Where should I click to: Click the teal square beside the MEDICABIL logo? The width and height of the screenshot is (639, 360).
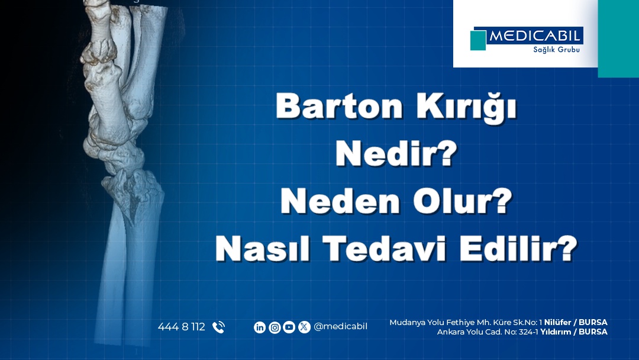(478, 40)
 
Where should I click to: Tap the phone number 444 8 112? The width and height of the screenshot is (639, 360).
(181, 327)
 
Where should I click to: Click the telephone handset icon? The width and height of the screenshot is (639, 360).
(218, 327)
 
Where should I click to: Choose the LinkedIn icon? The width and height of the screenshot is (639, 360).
(259, 327)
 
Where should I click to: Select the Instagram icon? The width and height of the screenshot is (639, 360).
(275, 327)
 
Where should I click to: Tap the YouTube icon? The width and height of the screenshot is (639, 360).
(289, 327)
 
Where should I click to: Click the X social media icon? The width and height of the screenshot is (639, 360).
(304, 327)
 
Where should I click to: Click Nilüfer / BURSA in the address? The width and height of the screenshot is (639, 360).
(576, 322)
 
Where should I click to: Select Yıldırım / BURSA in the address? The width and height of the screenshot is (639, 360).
(574, 332)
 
